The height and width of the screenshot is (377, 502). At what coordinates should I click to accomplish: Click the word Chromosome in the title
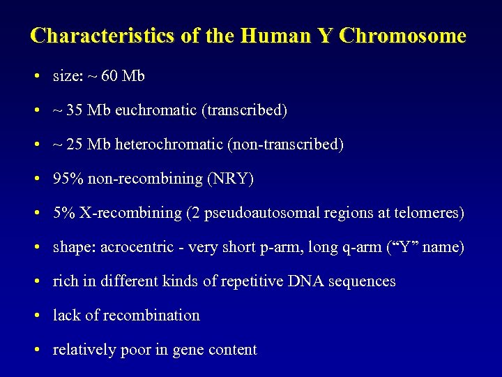pyautogui.click(x=402, y=36)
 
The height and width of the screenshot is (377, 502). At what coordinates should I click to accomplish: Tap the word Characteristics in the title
pyautogui.click(x=102, y=36)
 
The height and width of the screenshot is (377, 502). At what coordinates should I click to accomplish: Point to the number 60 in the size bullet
pyautogui.click(x=109, y=76)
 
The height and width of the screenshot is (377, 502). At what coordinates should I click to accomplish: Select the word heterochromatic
pyautogui.click(x=164, y=145)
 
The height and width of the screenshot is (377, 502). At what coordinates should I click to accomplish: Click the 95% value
pyautogui.click(x=68, y=179)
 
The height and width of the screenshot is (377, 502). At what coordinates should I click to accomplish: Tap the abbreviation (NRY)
pyautogui.click(x=230, y=179)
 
